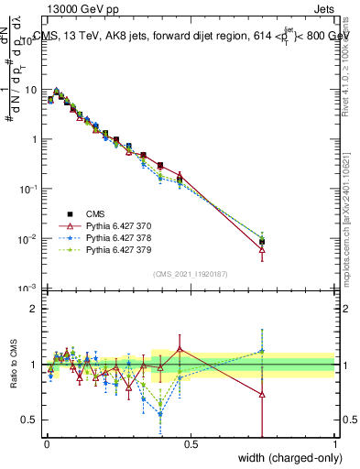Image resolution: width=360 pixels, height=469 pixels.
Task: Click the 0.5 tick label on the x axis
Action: click(x=191, y=444)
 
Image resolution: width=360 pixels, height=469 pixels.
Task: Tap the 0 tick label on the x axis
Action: click(x=47, y=444)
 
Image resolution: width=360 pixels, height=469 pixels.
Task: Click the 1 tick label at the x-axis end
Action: click(x=334, y=444)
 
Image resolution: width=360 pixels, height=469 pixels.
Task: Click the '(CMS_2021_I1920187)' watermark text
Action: click(x=191, y=274)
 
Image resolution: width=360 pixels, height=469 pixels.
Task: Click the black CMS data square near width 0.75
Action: click(x=263, y=242)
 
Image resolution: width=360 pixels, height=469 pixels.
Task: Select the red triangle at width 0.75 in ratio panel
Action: click(x=263, y=395)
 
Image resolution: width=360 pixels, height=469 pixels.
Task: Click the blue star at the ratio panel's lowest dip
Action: click(x=161, y=414)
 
